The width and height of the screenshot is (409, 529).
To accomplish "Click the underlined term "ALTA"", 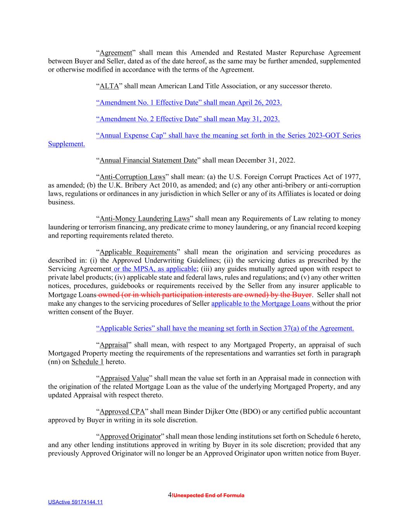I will (x=109, y=86).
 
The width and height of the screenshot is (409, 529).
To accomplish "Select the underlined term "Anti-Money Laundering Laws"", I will (x=145, y=219).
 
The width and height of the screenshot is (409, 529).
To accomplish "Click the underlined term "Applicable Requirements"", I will (x=138, y=252).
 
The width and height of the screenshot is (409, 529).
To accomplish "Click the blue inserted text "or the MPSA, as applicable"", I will (x=155, y=269).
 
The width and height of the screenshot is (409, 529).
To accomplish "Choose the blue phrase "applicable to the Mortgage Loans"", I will (x=261, y=303).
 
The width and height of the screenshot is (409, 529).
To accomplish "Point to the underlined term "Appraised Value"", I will (x=124, y=378).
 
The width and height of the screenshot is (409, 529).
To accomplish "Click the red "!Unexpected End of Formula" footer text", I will (x=208, y=495).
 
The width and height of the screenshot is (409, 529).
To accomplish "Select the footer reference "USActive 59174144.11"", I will (x=76, y=502).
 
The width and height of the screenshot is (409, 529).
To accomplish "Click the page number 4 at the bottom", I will (x=170, y=495).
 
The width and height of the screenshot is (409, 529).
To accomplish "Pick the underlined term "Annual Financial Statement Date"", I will (x=148, y=160).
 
